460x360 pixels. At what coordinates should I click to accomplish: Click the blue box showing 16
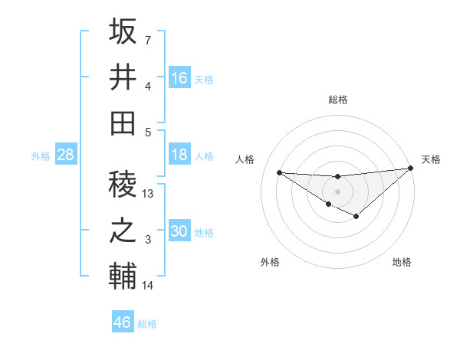179,78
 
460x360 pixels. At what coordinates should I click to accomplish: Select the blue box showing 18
179,155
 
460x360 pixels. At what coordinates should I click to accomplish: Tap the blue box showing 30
179,231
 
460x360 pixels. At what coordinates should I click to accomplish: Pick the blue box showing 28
65,155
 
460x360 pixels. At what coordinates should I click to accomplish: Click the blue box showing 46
123,322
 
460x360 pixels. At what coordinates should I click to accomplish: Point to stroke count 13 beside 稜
149,194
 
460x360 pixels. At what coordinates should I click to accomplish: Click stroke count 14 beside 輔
149,286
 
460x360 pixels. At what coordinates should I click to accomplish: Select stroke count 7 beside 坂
148,40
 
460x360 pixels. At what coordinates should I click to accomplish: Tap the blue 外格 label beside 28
41,156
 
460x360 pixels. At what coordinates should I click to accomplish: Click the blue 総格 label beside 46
147,323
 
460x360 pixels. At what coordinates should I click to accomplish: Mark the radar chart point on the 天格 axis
410,168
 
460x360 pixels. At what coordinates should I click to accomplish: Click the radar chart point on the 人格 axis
279,172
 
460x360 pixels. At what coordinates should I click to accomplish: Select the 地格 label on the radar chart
402,262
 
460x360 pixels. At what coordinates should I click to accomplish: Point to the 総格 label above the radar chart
337,100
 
